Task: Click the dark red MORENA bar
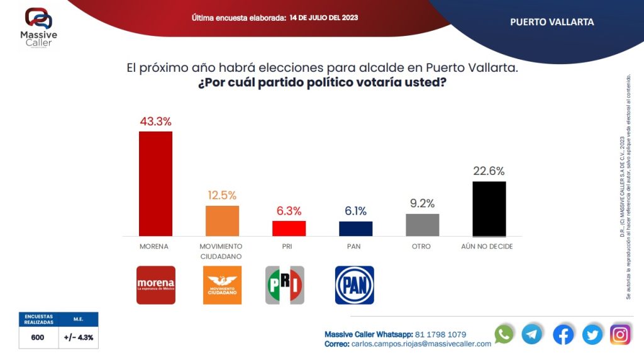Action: pos(155,183)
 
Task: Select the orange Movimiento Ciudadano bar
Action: pos(222,220)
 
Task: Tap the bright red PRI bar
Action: pos(289,228)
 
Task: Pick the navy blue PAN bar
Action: pos(355,228)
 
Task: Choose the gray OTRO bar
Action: pos(422,225)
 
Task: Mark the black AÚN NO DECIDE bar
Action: pos(489,208)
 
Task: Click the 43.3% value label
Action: pos(155,121)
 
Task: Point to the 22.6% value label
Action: pos(489,171)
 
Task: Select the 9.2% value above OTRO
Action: pos(422,204)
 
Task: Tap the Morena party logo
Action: pos(156,285)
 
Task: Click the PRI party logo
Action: pos(284,285)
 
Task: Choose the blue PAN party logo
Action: pos(354,285)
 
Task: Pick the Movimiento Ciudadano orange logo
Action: pos(222,285)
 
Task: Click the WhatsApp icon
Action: pos(504,334)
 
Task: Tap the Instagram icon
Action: pos(620,335)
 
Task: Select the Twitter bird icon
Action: pos(592,335)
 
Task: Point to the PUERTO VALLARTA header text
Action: pos(552,22)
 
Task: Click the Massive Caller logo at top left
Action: pos(39,27)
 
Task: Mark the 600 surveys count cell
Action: pos(38,337)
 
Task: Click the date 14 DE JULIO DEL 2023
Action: pos(324,18)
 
